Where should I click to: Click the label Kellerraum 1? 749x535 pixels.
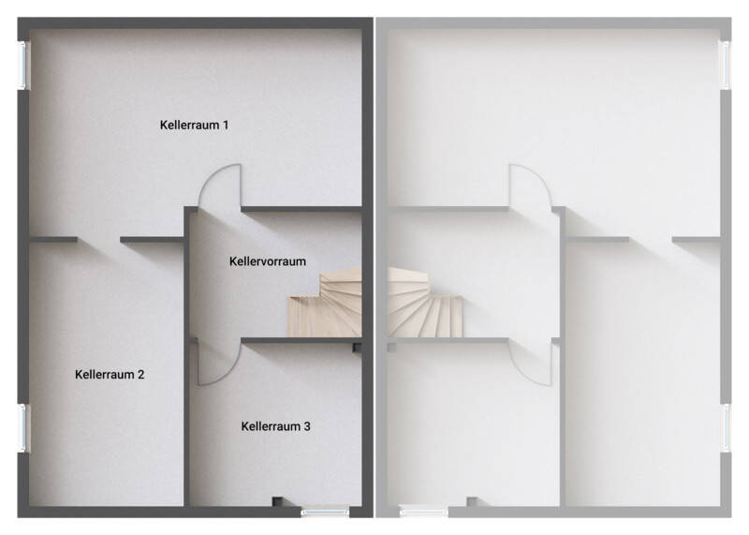click(194, 126)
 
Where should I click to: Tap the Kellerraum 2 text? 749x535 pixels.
click(110, 375)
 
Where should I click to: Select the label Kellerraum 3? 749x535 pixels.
click(275, 426)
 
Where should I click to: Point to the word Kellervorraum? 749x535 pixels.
click(268, 261)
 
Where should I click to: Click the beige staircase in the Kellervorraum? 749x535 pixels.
click(325, 303)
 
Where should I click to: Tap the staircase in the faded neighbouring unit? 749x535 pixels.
click(424, 303)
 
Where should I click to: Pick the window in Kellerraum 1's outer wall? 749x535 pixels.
click(22, 65)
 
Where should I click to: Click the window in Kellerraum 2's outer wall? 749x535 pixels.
click(22, 427)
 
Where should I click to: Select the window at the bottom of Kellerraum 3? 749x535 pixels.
click(325, 513)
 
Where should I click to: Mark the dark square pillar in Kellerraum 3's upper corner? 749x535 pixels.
click(357, 347)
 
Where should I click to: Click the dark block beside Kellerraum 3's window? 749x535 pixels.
click(277, 501)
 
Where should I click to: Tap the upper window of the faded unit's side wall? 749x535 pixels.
click(727, 65)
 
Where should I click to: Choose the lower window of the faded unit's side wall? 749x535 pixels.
click(727, 427)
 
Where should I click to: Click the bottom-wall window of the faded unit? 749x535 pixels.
click(424, 513)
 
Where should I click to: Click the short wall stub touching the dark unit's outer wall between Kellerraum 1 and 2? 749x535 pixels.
click(53, 240)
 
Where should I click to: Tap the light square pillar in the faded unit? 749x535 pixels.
click(392, 347)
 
